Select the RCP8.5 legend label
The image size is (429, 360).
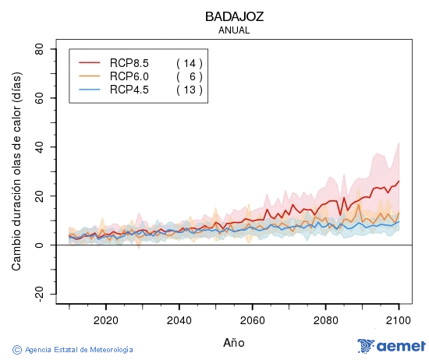tap(129, 63)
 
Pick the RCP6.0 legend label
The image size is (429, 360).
tap(129, 76)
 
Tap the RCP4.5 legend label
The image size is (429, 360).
tap(129, 90)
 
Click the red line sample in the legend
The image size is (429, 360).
tap(90, 63)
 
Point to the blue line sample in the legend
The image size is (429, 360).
tap(90, 90)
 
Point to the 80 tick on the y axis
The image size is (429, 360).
tap(39, 49)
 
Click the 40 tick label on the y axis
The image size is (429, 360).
tap(39, 147)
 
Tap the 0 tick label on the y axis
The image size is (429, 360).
tap(42, 245)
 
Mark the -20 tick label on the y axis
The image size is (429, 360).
tap(37, 294)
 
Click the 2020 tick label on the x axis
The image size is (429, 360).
tap(105, 320)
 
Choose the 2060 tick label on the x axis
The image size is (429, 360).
tap(253, 320)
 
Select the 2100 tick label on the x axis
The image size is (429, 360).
tap(399, 320)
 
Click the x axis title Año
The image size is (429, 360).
tap(234, 342)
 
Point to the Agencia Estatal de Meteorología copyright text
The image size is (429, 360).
tap(73, 350)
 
